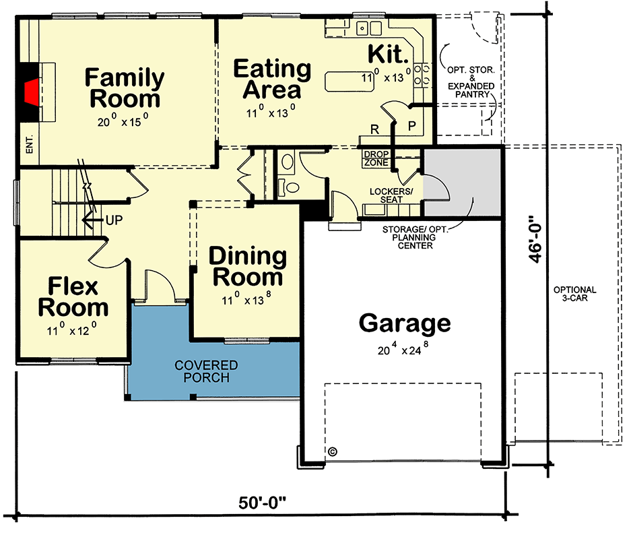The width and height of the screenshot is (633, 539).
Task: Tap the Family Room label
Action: [x=125, y=88]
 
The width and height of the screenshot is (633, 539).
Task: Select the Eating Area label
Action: [x=272, y=79]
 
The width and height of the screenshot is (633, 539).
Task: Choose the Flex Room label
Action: [x=73, y=297]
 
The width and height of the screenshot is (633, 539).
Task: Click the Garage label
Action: [x=404, y=323]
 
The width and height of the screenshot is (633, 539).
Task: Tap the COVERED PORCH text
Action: [x=206, y=371]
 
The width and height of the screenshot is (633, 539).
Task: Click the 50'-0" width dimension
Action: [x=263, y=503]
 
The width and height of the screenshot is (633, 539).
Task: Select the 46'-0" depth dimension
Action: [x=536, y=239]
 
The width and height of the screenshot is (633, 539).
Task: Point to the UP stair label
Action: [x=113, y=220]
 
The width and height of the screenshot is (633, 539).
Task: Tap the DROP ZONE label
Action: [x=375, y=158]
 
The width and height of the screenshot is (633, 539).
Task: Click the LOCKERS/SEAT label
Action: [x=390, y=195]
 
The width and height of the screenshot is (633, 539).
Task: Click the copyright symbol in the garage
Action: [x=333, y=451]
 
